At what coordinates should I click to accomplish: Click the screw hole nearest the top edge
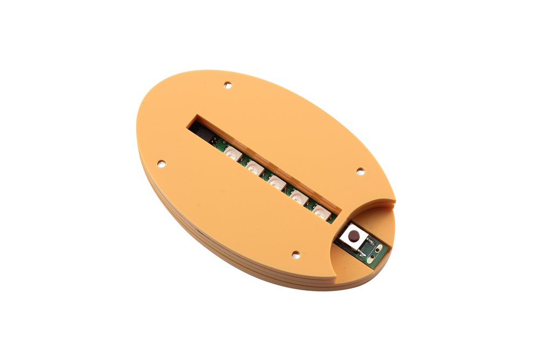(228, 85)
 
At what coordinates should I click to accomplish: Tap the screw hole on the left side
(160, 162)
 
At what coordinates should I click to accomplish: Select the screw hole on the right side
(361, 171)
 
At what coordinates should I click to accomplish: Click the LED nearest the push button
(321, 213)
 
